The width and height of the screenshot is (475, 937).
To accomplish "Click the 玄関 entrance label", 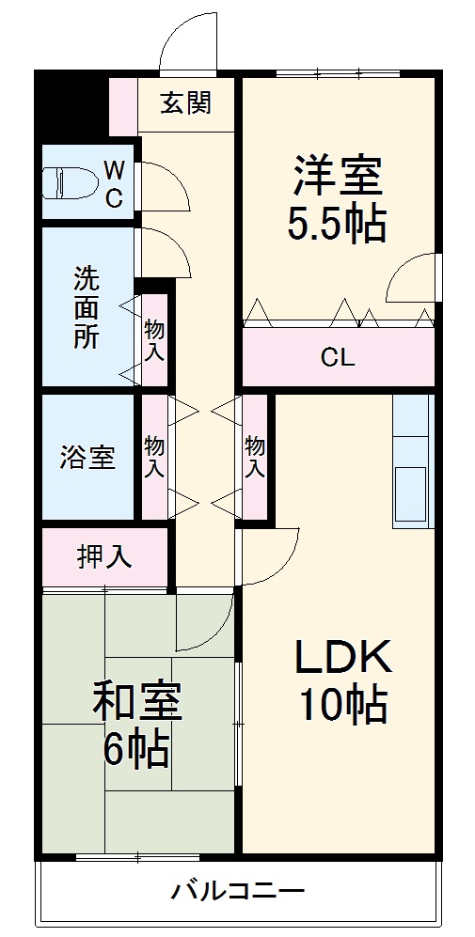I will pos(184,102).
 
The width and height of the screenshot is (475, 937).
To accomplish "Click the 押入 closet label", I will pos(103,557).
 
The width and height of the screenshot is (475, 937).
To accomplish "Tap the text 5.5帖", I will pos(337,226).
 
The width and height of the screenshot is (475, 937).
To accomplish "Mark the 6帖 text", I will pos(136,749).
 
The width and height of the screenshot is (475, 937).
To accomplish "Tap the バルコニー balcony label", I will pos(238,890).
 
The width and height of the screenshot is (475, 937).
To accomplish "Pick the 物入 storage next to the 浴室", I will pos(154,455).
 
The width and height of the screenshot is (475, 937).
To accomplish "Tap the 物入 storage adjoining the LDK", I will pos(254,456).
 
